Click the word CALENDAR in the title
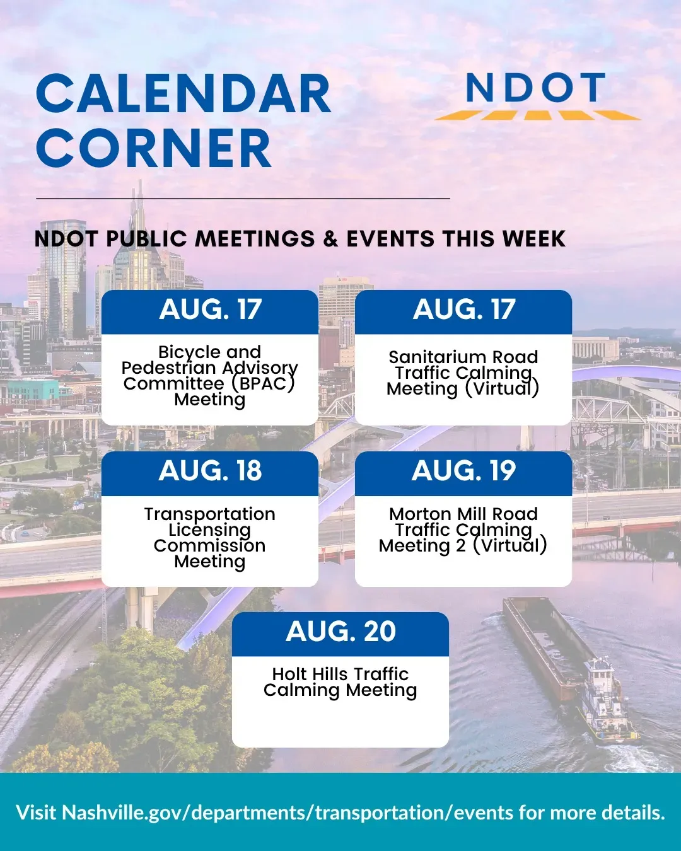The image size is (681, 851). point(183,95)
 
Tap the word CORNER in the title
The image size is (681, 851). point(153,148)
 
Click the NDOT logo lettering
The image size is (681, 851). point(536,88)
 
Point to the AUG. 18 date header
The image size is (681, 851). point(210,471)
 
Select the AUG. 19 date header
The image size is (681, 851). point(463,471)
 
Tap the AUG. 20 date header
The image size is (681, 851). point(340,632)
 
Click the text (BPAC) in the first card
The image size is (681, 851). point(264,384)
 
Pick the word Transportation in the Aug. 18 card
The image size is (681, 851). point(210,514)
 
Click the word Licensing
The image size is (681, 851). point(210,530)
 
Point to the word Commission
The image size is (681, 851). point(210,546)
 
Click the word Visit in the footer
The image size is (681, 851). point(36,813)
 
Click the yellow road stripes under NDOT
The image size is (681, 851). point(537,115)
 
